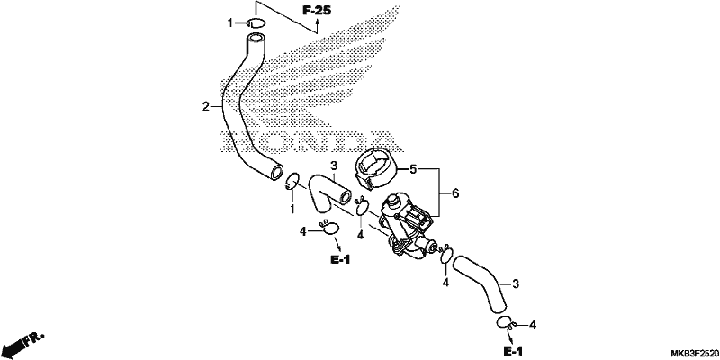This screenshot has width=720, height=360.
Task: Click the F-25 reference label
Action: coord(317,10)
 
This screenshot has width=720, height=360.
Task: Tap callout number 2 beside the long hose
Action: coord(206,107)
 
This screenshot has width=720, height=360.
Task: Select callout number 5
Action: coord(413,170)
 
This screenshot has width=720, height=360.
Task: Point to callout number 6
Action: coord(455,193)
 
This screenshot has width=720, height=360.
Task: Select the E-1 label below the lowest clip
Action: coord(513,352)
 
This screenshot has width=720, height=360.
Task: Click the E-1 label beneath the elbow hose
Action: coord(340,260)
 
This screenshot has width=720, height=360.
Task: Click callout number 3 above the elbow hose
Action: coord(334,166)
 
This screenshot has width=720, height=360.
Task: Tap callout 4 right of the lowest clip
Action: coord(533,325)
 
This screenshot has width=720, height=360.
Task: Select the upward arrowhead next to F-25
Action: coord(317,22)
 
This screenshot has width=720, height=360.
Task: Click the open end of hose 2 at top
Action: coord(255,38)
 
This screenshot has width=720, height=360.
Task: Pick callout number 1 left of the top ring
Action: coord(231,22)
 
